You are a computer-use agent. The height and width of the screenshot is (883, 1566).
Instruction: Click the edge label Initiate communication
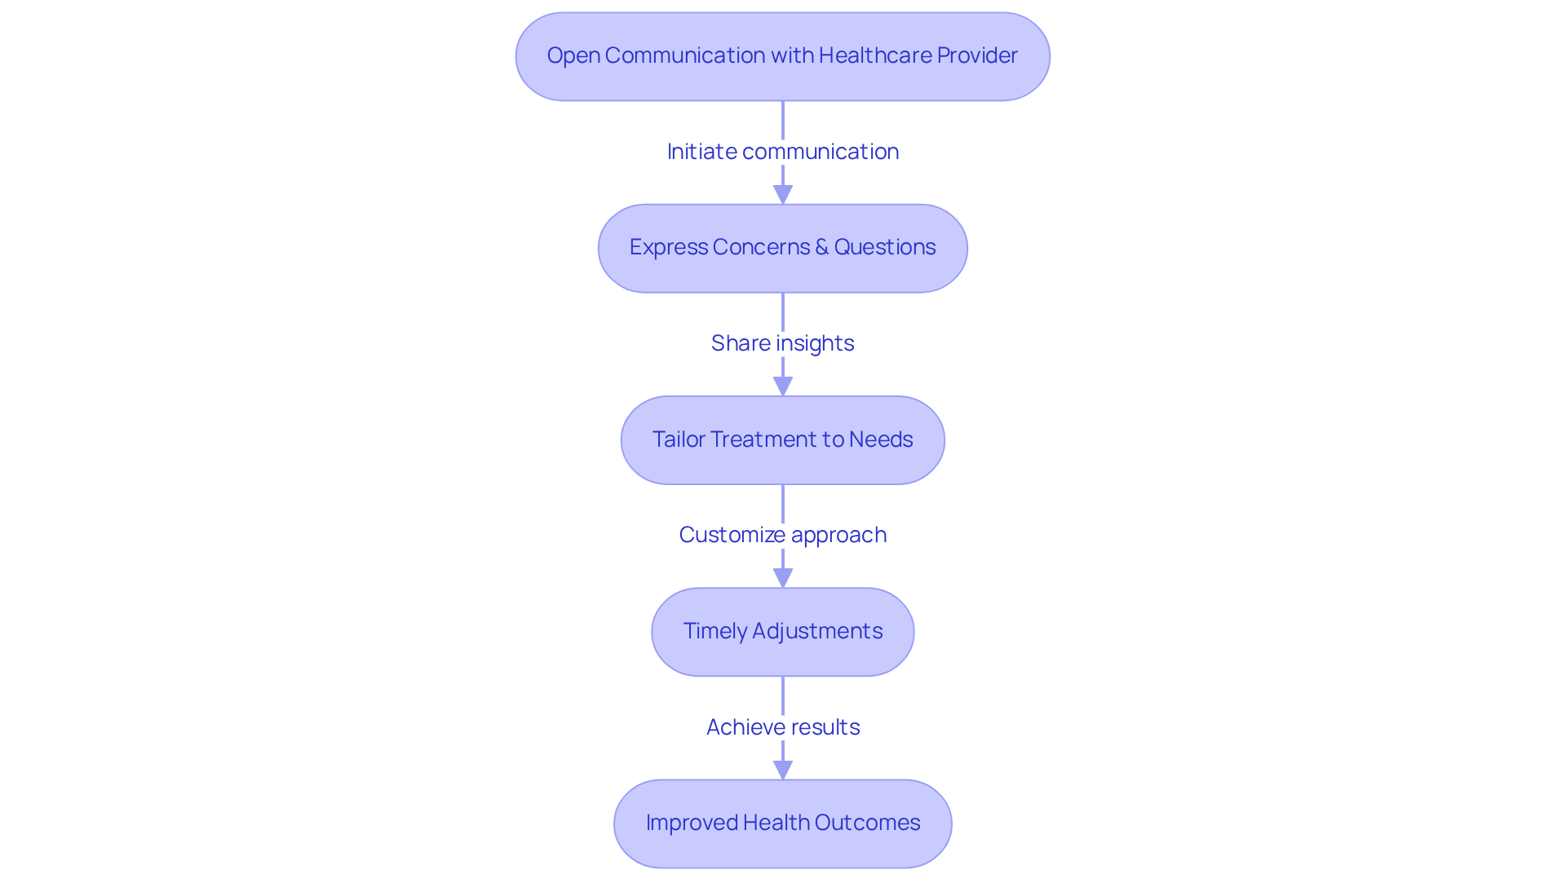pyautogui.click(x=782, y=152)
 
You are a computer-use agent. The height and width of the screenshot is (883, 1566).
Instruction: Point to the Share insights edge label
pyautogui.click(x=782, y=343)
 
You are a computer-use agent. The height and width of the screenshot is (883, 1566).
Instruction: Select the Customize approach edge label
pyautogui.click(x=782, y=535)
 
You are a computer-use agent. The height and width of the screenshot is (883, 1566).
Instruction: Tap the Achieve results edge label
pyautogui.click(x=782, y=727)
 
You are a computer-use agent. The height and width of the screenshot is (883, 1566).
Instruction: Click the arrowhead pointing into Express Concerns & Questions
pyautogui.click(x=782, y=195)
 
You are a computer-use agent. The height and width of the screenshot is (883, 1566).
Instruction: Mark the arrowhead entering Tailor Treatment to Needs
pyautogui.click(x=782, y=386)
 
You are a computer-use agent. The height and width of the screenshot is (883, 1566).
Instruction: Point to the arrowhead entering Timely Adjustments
pyautogui.click(x=782, y=578)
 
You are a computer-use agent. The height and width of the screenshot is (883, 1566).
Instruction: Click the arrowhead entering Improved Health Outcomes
pyautogui.click(x=782, y=770)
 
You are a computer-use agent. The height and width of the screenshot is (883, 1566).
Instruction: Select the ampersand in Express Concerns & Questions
pyautogui.click(x=821, y=247)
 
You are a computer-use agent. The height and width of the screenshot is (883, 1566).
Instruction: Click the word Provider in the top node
pyautogui.click(x=977, y=55)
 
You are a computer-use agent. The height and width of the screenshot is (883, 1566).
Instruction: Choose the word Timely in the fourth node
pyautogui.click(x=714, y=631)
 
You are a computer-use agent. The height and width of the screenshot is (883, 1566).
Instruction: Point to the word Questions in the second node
pyautogui.click(x=884, y=247)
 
